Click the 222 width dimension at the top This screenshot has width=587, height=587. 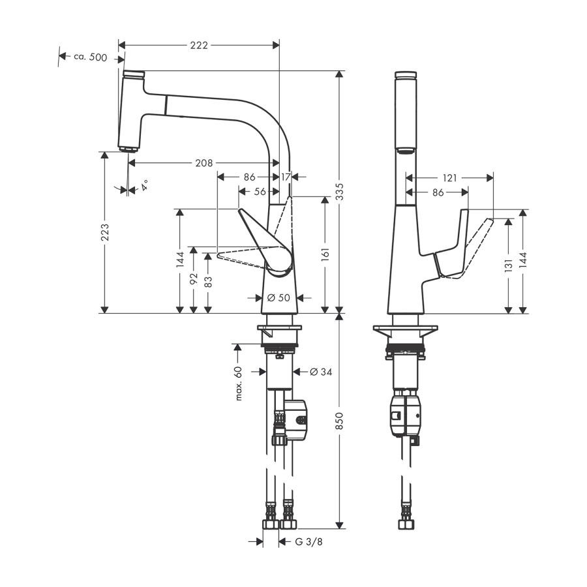[x=199, y=45]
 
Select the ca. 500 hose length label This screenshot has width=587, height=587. [x=89, y=57]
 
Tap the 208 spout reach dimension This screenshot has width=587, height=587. [x=203, y=162]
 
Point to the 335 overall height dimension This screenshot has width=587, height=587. [x=339, y=190]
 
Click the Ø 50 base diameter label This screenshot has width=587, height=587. [x=278, y=298]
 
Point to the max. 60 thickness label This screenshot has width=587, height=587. [x=239, y=383]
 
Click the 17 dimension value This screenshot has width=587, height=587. [x=285, y=176]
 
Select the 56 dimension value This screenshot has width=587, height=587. [x=260, y=191]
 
